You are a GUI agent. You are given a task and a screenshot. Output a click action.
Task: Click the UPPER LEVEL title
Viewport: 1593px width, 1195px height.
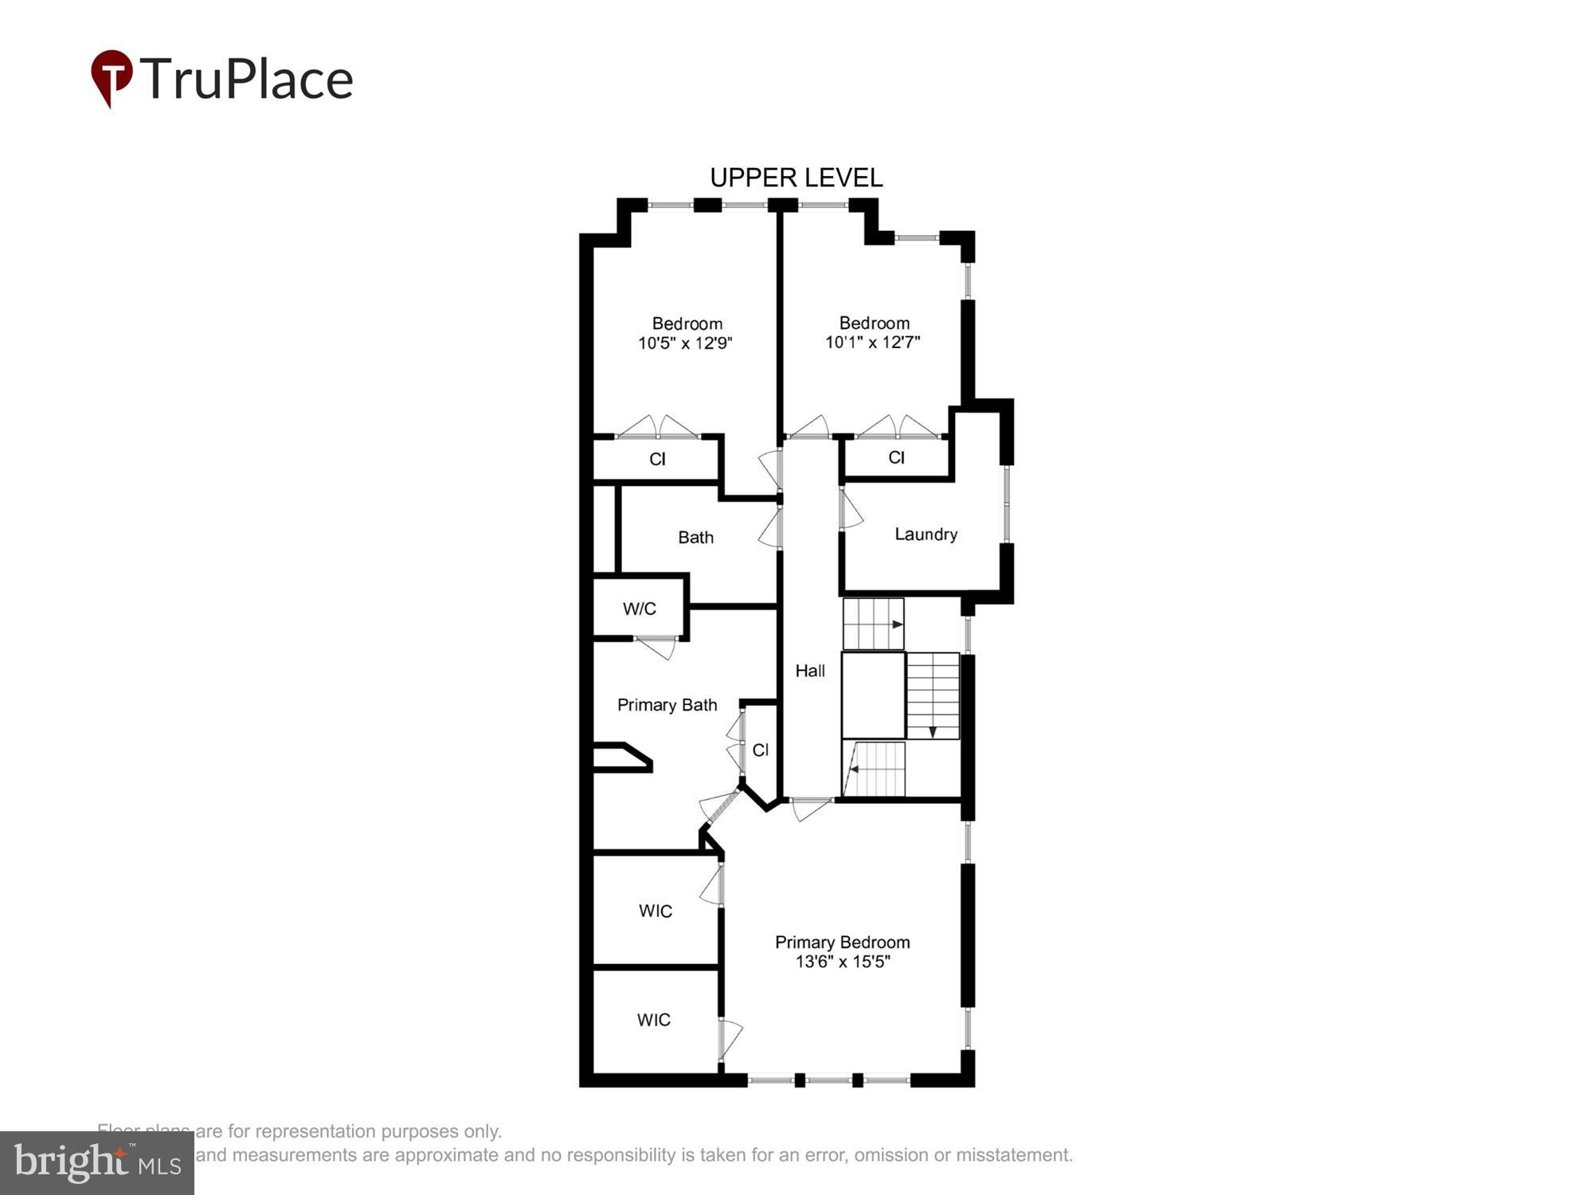coord(796,178)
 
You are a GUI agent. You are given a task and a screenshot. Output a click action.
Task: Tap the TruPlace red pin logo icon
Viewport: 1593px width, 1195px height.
coord(112,77)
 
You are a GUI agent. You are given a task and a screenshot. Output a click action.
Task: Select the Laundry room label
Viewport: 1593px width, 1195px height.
coord(926,535)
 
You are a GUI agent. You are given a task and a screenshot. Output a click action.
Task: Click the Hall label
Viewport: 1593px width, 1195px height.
coord(810,671)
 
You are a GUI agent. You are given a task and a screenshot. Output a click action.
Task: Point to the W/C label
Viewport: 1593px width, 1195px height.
coord(640,609)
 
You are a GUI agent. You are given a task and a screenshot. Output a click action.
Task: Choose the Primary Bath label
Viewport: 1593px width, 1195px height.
coord(667,705)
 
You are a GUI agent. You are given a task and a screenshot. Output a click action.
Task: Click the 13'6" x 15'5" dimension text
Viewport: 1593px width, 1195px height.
coord(842,962)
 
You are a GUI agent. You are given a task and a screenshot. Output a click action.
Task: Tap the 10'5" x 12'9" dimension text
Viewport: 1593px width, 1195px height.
coord(685,343)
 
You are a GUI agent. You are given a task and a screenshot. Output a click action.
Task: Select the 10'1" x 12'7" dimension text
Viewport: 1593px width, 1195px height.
coord(873,343)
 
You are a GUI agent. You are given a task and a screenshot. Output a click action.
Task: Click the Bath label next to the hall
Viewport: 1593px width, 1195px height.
coord(695,538)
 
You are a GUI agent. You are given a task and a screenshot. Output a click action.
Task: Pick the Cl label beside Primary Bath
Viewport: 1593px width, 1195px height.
coord(760,750)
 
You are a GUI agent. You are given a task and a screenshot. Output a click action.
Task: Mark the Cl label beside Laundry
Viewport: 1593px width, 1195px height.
coord(896,457)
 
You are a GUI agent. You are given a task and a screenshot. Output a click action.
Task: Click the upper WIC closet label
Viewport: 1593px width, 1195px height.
coord(656,911)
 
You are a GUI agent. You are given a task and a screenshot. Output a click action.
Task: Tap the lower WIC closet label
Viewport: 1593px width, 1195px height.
coord(654,1020)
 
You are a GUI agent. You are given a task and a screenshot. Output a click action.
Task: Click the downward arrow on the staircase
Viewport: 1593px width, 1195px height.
coord(933,731)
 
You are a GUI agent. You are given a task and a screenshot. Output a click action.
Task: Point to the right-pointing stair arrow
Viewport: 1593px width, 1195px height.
coord(898,625)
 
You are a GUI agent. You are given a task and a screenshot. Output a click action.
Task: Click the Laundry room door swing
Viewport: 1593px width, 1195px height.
coord(852,510)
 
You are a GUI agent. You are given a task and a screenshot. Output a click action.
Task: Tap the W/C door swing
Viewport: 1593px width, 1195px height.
coord(656,647)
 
